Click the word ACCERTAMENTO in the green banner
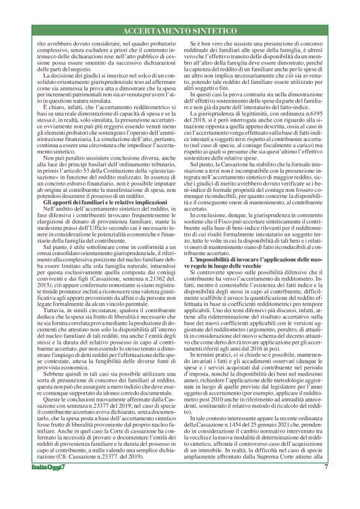coord(160,30)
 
